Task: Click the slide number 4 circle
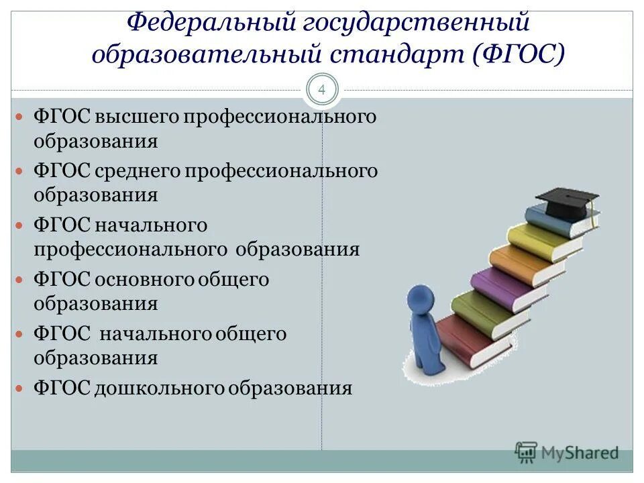coord(322,91)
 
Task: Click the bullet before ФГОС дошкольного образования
coord(20,388)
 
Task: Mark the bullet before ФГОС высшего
coord(20,117)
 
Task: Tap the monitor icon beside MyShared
coord(527,453)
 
